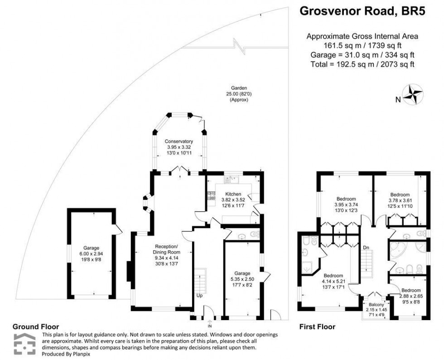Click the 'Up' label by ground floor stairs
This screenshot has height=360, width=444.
click(199, 295)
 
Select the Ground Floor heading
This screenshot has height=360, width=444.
click(35, 326)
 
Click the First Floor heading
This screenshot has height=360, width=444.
click(317, 326)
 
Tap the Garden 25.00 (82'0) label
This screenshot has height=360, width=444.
click(238, 94)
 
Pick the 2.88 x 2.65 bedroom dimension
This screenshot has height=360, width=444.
click(411, 296)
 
